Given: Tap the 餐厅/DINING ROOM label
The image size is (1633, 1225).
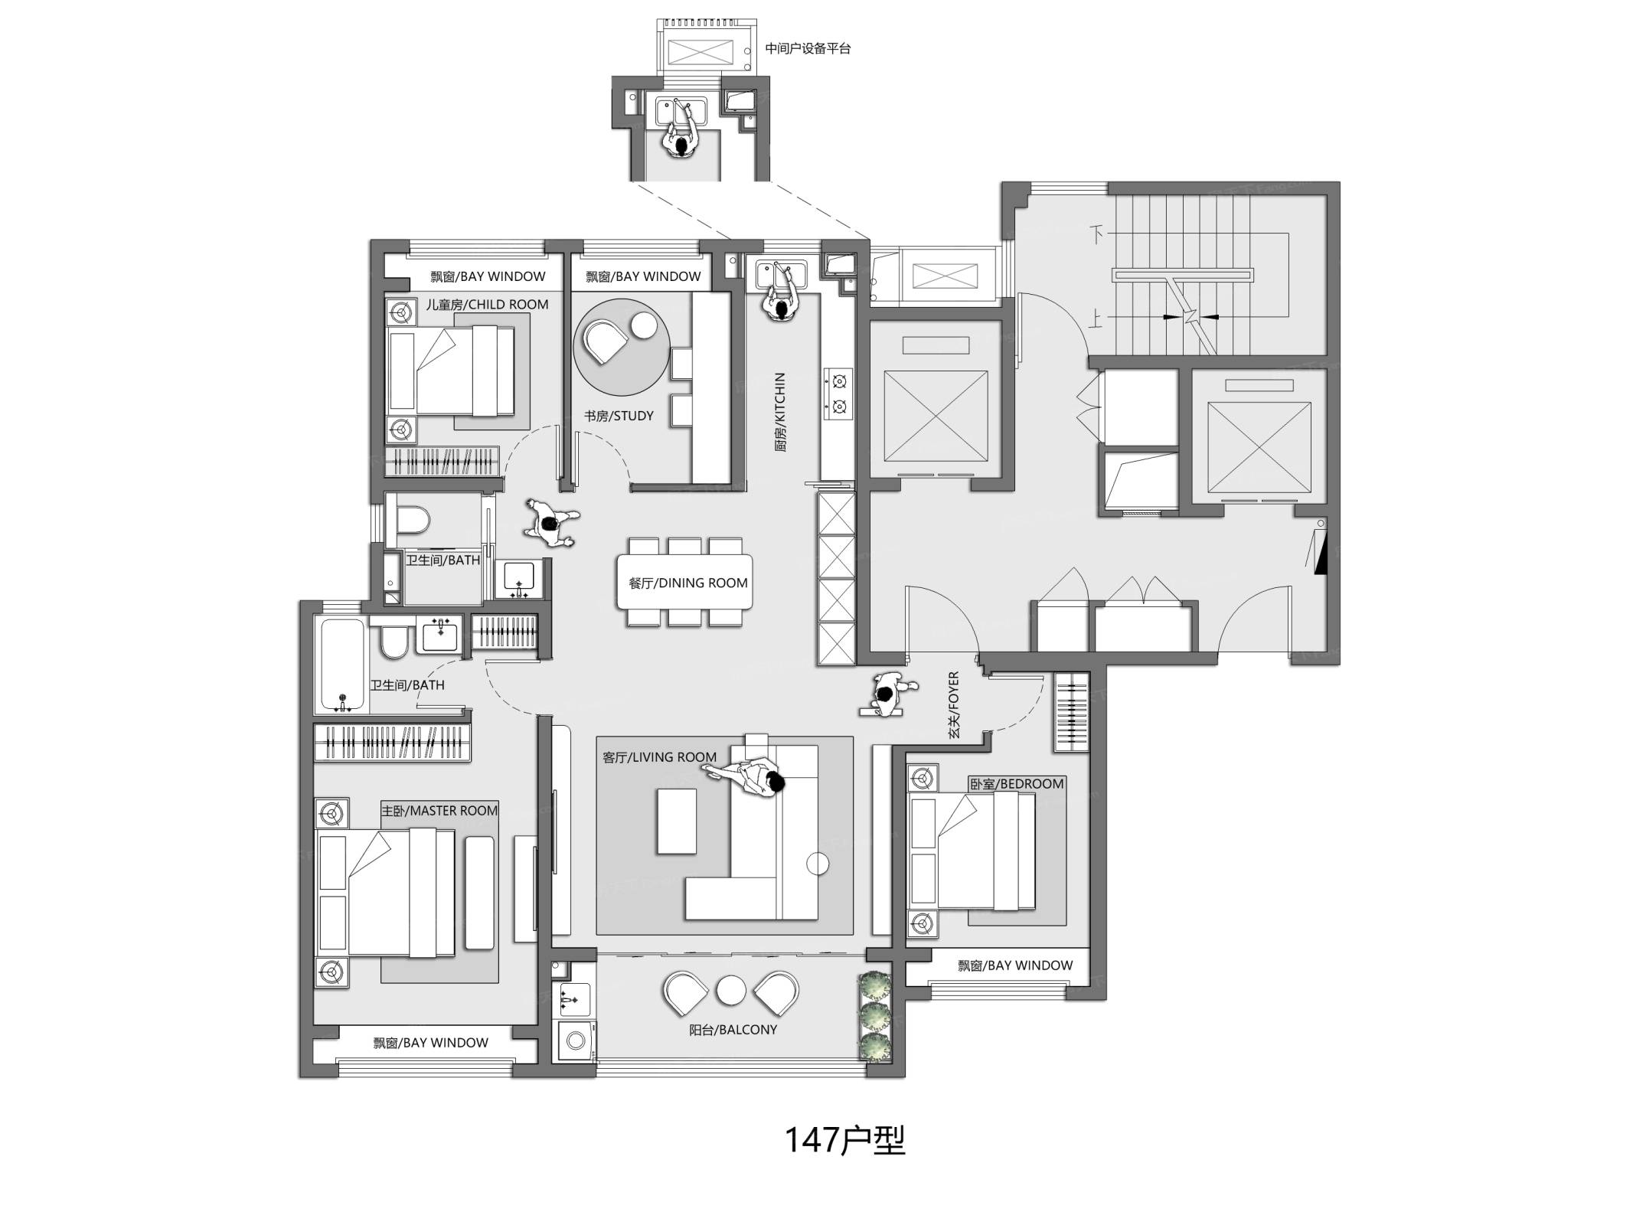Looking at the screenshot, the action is [x=687, y=583].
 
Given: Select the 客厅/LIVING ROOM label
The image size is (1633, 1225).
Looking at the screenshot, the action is [x=659, y=757].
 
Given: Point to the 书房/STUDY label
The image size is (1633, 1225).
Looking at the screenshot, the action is [x=619, y=416].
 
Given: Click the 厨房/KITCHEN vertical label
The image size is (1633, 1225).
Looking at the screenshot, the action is [x=780, y=412].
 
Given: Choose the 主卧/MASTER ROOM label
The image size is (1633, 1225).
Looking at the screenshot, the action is [x=439, y=810].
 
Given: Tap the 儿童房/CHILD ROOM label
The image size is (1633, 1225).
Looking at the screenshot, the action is [x=487, y=304].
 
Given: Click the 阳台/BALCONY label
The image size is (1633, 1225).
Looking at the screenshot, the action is [x=733, y=1030].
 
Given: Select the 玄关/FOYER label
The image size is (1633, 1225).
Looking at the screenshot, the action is [x=954, y=704].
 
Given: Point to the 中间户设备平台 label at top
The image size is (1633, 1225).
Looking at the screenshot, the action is [x=808, y=48].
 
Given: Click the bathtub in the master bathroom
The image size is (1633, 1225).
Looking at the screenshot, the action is [x=341, y=665].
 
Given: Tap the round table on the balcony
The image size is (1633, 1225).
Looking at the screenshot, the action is [x=731, y=991].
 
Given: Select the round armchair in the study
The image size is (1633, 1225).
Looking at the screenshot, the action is [x=605, y=341].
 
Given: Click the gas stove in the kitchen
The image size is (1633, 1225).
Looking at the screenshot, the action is [x=839, y=393].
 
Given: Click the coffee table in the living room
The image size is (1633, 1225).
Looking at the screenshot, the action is [x=677, y=821].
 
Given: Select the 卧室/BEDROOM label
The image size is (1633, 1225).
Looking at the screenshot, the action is [x=1017, y=783].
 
